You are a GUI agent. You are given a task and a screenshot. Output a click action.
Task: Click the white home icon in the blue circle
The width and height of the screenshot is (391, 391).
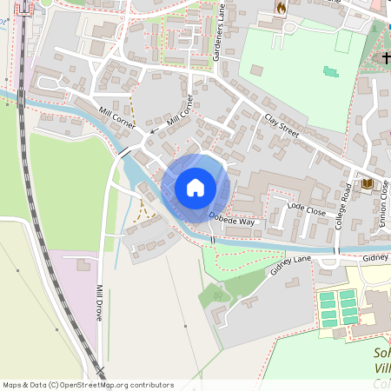pos(195,186)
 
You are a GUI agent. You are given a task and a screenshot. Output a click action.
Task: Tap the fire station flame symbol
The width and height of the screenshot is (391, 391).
pos(281,8)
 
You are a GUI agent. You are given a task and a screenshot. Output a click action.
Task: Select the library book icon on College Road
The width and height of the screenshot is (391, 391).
pos(367,184)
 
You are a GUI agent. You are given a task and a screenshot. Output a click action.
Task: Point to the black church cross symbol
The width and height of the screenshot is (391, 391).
pos(386,57)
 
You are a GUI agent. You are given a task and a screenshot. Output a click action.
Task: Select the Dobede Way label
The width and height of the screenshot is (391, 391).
pos(233,221)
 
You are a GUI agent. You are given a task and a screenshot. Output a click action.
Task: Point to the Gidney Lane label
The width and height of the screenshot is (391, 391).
pos(289,266)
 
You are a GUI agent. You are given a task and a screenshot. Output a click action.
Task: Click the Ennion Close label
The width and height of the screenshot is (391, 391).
pos(384,201)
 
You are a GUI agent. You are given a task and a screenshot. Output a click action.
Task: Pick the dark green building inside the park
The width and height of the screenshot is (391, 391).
pos(328,71)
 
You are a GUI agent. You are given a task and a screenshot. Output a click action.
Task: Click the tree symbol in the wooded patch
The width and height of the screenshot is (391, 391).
pos(218,295)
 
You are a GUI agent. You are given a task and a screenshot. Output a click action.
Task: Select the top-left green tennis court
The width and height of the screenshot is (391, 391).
pos(327,296)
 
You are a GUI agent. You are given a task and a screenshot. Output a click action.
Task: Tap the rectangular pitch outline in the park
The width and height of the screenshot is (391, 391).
pos(344,42)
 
